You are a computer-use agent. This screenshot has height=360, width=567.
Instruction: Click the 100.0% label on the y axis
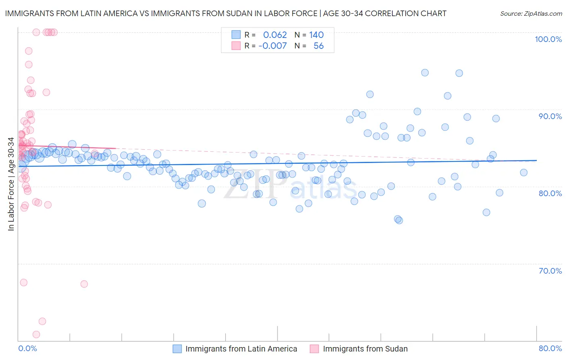548,39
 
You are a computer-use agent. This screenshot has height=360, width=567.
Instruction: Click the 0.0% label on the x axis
27,348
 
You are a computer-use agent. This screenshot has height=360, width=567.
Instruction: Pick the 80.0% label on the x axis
550,348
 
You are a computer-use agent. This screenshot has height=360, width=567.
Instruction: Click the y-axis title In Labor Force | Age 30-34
11,184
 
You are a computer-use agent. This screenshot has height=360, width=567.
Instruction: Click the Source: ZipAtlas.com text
531,14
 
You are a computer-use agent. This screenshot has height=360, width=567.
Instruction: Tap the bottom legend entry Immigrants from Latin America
241,349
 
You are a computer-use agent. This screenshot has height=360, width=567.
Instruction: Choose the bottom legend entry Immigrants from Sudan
365,349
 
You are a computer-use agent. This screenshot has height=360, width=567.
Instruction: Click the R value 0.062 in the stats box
275,35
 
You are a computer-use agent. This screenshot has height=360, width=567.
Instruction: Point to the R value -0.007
273,46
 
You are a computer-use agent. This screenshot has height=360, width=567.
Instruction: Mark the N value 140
317,35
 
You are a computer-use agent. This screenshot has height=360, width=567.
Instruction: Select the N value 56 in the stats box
319,46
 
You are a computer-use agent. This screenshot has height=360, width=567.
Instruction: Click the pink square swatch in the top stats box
236,46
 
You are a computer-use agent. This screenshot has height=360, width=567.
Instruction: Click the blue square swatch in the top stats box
236,35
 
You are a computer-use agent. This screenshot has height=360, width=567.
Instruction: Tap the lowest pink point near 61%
36,334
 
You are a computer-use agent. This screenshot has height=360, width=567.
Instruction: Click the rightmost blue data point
523,173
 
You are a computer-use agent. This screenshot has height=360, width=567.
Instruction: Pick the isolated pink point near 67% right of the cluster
84,284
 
